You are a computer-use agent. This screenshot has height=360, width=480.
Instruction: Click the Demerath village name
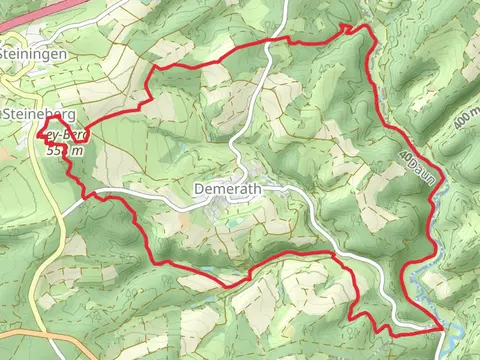[x=224, y=188]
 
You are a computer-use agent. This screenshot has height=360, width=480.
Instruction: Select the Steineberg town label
[x=39, y=115]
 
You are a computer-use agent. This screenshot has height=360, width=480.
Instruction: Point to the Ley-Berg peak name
[x=68, y=134]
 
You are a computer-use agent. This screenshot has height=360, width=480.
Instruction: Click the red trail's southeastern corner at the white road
[x=441, y=327]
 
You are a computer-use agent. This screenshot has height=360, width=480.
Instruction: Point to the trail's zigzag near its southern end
[x=370, y=320]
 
